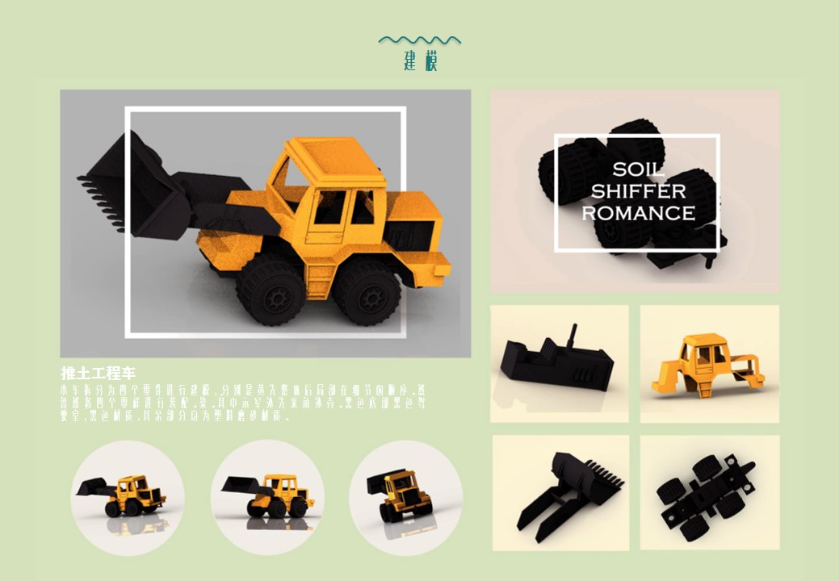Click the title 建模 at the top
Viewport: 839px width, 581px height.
[x=420, y=61]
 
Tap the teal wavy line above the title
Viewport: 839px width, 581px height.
[x=420, y=39]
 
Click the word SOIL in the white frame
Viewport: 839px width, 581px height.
[x=638, y=169]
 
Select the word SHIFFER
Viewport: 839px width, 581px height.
[x=638, y=191]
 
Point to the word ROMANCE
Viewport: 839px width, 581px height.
[x=638, y=213]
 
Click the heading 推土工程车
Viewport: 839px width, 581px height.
[x=98, y=374]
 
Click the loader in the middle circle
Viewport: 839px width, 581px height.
[x=266, y=494]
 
